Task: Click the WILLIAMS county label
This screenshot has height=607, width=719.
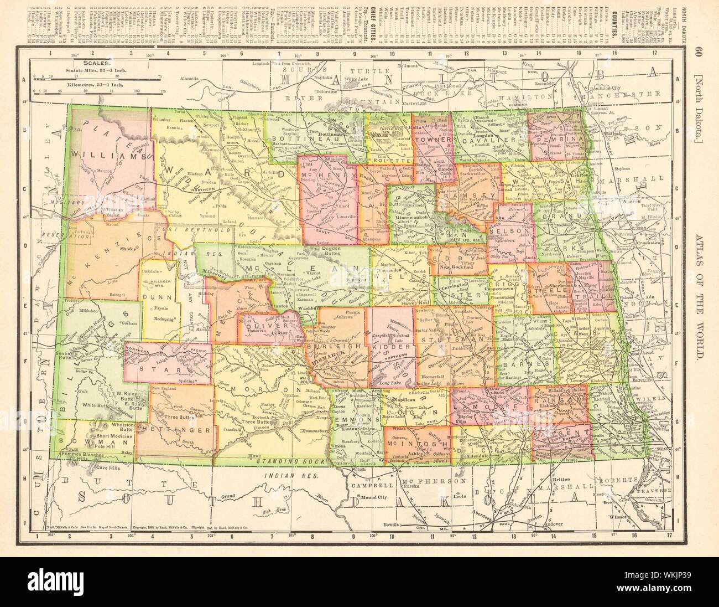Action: (116, 157)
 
